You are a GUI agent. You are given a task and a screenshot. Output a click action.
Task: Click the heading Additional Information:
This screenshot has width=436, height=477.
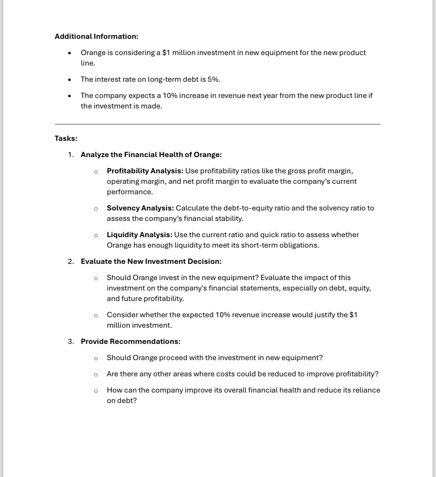(96, 36)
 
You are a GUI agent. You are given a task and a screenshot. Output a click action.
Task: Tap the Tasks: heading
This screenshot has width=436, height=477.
(66, 139)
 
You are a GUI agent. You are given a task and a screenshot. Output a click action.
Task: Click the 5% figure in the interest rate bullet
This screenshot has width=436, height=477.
(213, 79)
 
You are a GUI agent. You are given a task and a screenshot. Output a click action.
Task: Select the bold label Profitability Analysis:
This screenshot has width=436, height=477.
(145, 171)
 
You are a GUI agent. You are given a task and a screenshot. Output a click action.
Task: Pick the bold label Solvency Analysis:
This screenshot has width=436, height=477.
(140, 208)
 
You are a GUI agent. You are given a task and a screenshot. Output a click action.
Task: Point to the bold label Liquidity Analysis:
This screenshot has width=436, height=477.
(140, 235)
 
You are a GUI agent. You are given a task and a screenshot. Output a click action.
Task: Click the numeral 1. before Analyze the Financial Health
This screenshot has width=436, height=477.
(71, 155)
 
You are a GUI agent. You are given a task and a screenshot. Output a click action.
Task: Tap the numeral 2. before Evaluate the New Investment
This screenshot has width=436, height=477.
(71, 261)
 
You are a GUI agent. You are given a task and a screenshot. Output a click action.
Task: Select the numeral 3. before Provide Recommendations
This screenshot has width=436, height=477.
(71, 342)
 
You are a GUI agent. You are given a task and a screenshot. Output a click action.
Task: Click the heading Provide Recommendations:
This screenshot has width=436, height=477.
(130, 342)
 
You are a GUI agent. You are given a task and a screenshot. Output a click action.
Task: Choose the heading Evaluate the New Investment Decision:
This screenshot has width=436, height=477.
(151, 261)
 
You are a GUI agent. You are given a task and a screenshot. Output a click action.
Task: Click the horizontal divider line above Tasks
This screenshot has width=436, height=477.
(217, 124)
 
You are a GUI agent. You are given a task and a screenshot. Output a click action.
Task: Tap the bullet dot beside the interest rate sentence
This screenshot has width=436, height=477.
(69, 80)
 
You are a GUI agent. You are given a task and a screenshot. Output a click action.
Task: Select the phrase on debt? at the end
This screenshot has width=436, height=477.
(122, 401)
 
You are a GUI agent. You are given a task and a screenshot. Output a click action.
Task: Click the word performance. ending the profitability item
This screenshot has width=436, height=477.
(130, 192)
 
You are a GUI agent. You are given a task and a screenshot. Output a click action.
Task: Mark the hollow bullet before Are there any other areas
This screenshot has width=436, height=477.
(96, 374)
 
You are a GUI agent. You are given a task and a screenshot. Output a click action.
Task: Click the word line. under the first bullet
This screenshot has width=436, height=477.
(88, 63)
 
